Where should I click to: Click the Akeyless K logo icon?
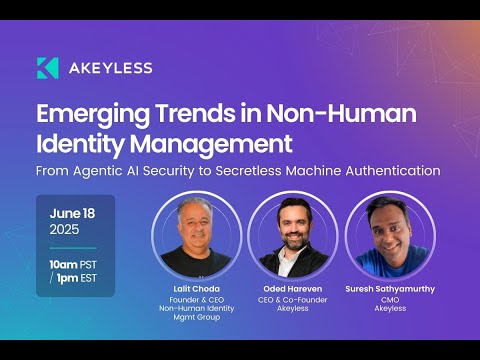[47, 68]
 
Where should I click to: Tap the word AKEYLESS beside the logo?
[110, 68]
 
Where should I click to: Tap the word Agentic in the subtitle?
[117, 170]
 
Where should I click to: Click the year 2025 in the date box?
[66, 229]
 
